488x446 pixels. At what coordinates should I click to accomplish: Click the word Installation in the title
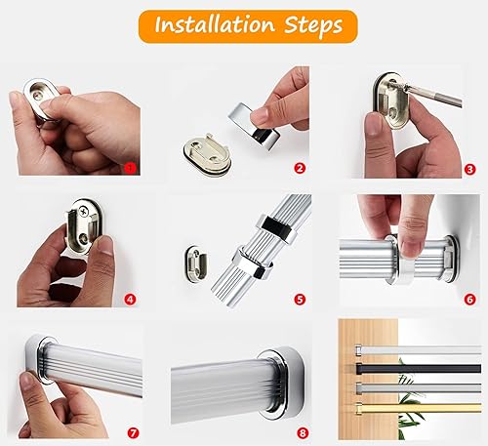[215, 24]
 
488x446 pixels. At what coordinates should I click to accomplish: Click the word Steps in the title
[313, 25]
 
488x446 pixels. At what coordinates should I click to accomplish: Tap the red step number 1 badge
[130, 168]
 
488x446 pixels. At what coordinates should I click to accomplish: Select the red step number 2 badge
[300, 168]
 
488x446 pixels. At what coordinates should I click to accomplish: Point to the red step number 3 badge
[469, 169]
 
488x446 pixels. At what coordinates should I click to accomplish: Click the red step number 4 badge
[130, 300]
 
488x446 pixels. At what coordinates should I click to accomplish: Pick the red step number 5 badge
[300, 300]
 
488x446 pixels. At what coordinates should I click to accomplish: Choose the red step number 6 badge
[469, 300]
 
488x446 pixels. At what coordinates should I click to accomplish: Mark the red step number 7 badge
[133, 433]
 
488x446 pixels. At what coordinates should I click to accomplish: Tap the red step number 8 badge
[303, 433]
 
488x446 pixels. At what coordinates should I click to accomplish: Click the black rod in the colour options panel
[419, 368]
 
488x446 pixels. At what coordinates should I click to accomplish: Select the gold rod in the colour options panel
[419, 408]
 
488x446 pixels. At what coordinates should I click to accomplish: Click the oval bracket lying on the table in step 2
[207, 153]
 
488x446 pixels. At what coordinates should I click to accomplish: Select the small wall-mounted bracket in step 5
[197, 265]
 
